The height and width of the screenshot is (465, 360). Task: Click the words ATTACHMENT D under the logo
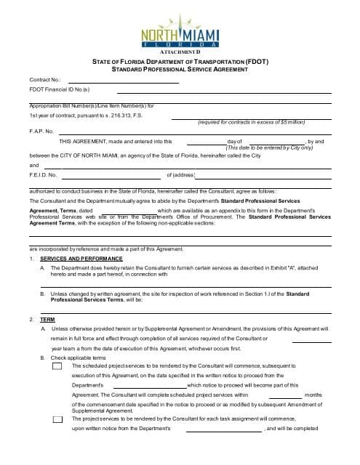click(x=179, y=53)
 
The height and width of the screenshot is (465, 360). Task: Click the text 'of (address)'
click(x=181, y=175)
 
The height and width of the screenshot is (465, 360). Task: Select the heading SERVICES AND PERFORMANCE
click(x=81, y=259)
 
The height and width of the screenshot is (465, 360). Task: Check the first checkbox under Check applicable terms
click(x=57, y=365)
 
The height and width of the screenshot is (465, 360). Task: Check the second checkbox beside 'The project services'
click(x=57, y=419)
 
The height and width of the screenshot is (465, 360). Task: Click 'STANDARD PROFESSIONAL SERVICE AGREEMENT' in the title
click(x=180, y=70)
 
